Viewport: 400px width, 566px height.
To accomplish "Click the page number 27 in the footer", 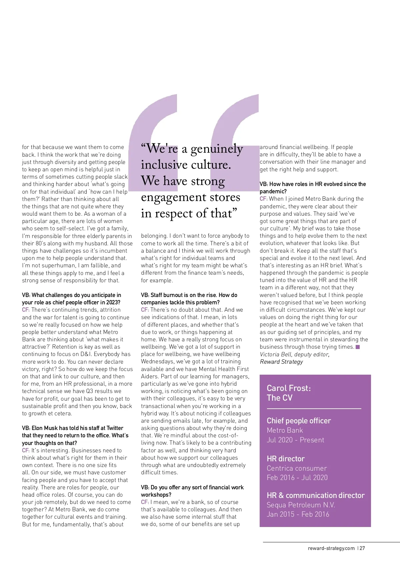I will pos(362,548).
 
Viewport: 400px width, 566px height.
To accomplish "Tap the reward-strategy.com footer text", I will pos(331,548).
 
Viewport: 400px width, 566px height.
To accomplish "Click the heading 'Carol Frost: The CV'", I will pos(289,393).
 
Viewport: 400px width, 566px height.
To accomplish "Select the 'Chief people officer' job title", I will pos(299,421).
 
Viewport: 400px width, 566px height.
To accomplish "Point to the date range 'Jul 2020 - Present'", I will pos(295,440).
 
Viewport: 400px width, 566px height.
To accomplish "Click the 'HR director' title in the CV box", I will pos(286,459).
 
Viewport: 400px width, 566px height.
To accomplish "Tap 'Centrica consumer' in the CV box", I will pos(297,468).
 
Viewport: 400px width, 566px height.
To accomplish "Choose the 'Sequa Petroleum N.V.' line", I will pos(301,505).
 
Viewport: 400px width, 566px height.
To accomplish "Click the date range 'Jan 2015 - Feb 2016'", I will pos(298,514).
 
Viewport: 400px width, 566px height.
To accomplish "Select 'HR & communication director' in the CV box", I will pos(316,495).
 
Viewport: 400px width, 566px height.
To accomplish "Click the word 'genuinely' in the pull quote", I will pos(217,149).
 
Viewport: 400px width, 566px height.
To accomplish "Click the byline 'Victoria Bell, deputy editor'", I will pos(295,354).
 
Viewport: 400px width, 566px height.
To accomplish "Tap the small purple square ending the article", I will pos(358,347).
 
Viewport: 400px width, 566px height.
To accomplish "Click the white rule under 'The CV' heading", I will pos(314,409).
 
